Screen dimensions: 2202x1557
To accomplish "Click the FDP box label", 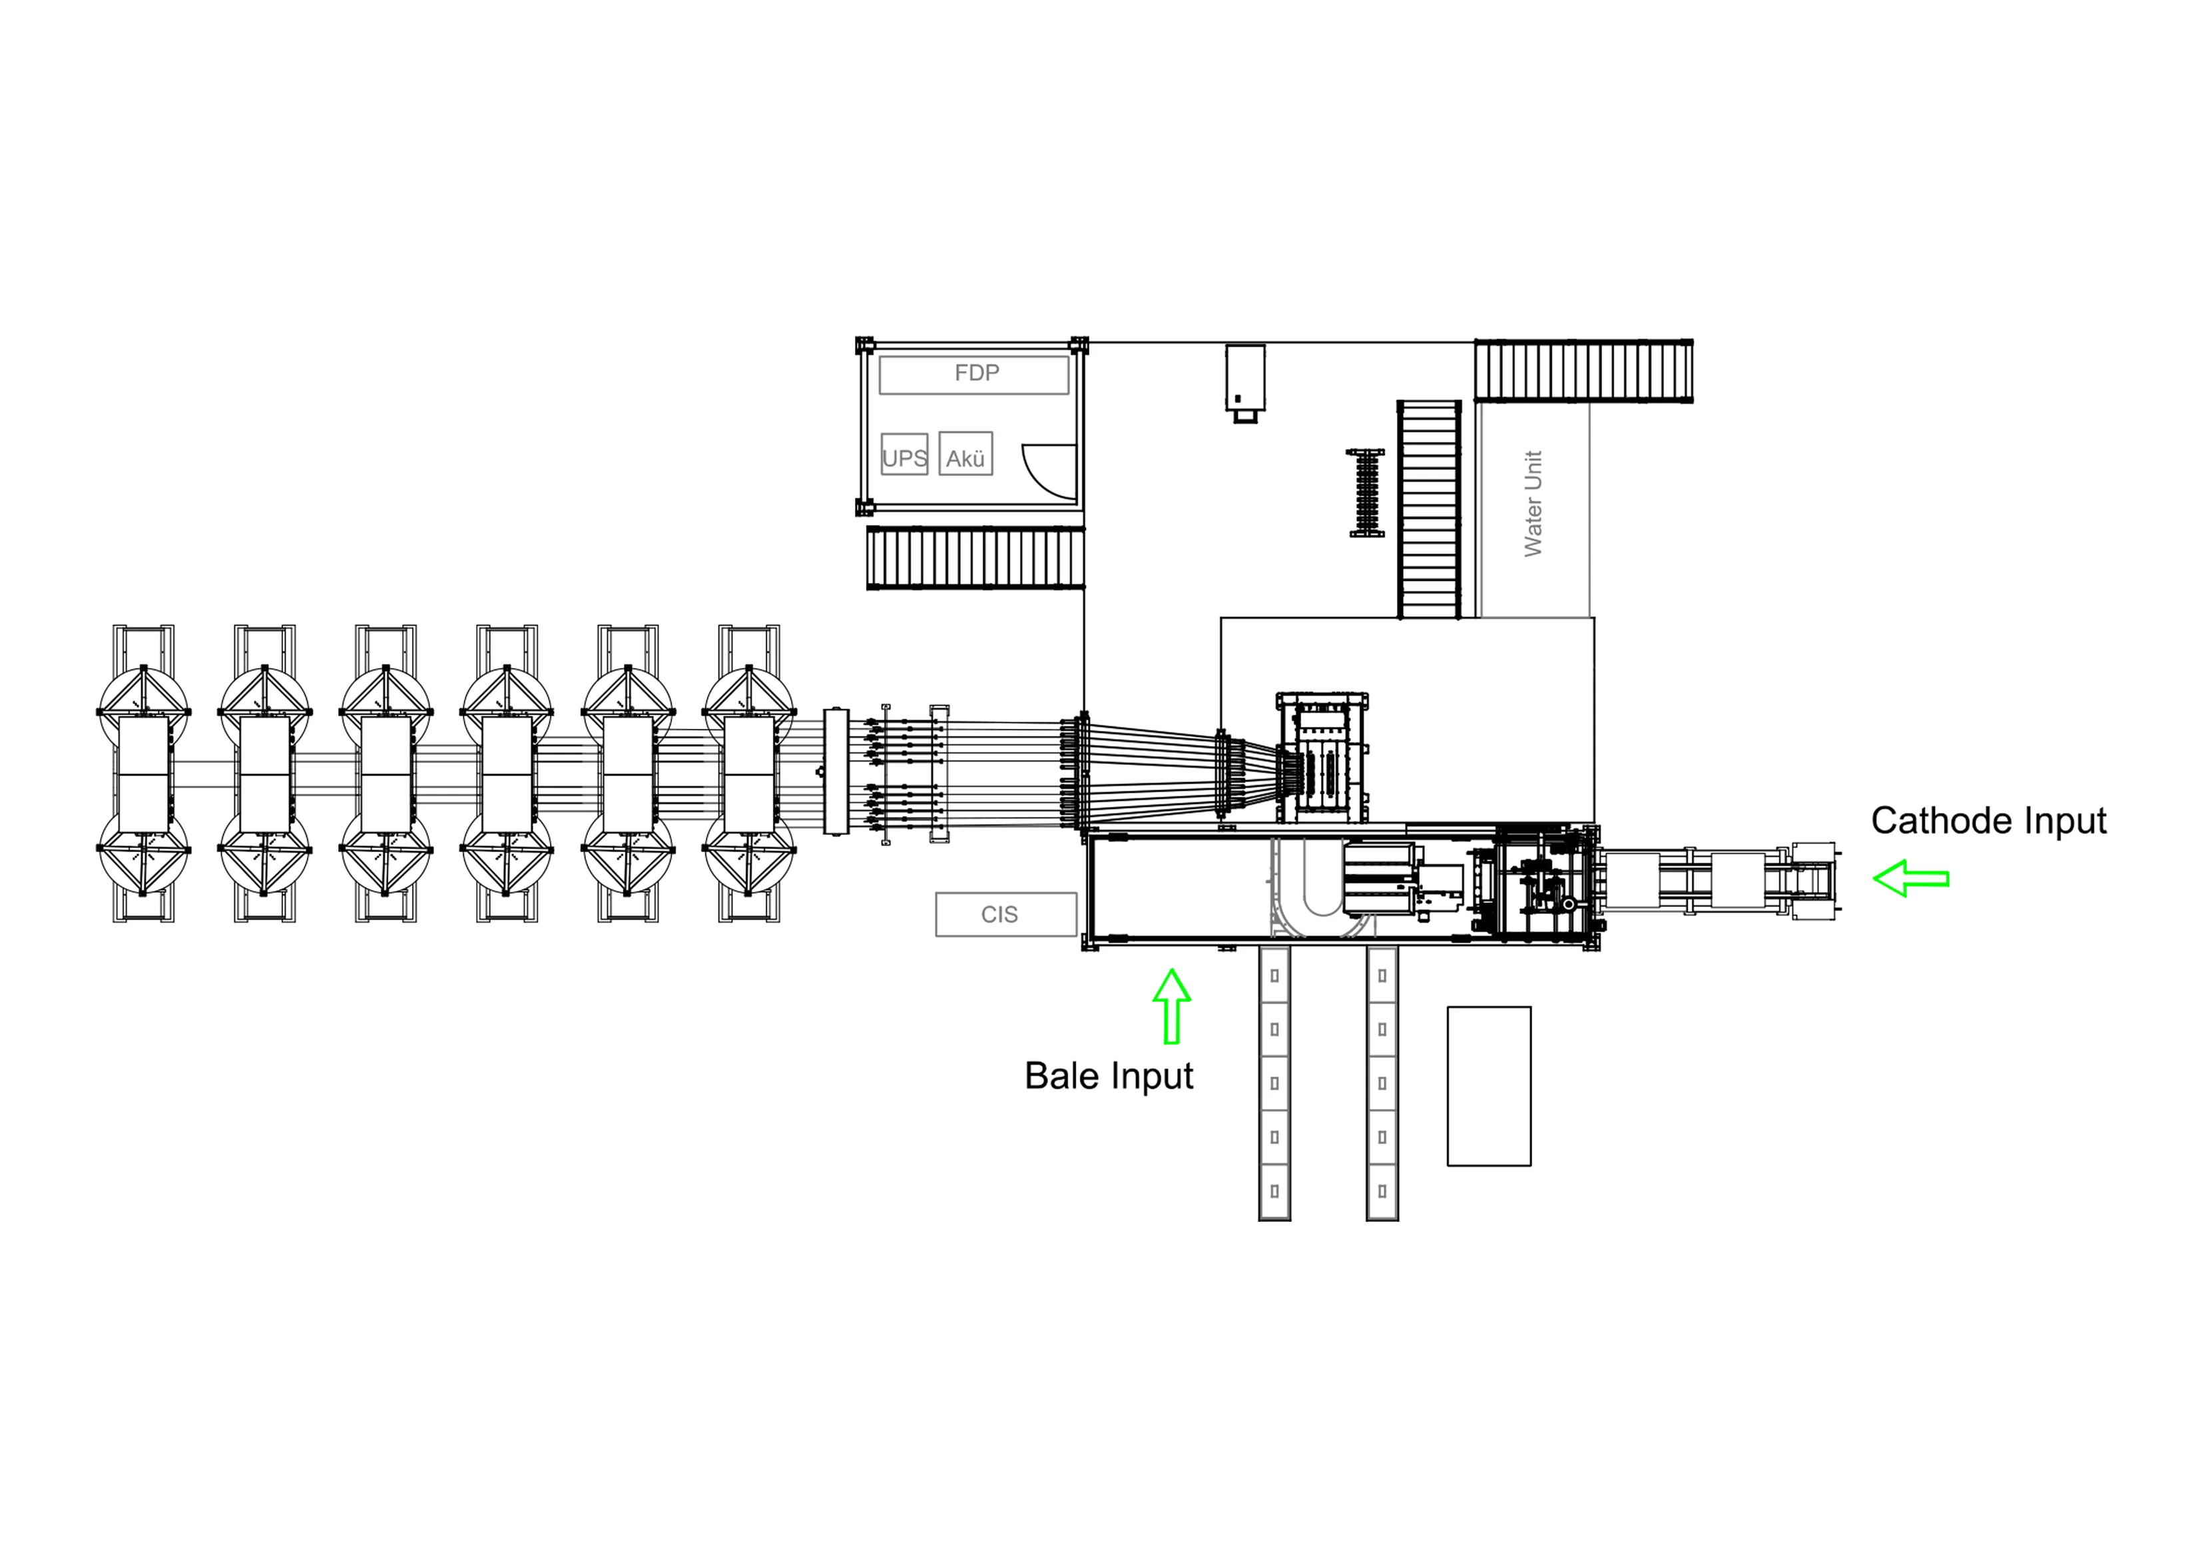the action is [976, 372].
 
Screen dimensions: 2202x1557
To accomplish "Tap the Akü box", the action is [965, 454].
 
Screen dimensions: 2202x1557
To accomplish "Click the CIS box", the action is [1006, 914].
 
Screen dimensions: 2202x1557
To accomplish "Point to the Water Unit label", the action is [1533, 504].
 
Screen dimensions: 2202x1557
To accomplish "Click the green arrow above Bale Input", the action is [1171, 1005].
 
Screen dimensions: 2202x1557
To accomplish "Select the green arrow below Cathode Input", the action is [1910, 878].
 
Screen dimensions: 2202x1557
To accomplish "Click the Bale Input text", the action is [1109, 1075].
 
